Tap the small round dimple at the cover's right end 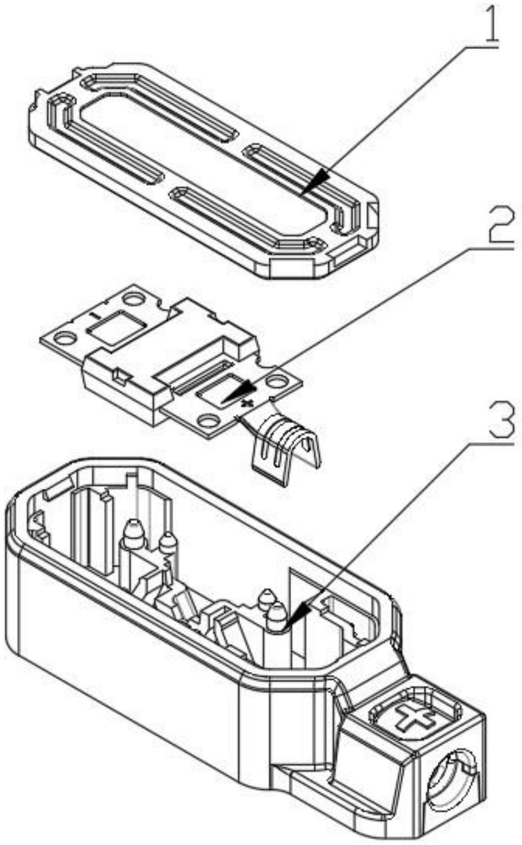[313, 243]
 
